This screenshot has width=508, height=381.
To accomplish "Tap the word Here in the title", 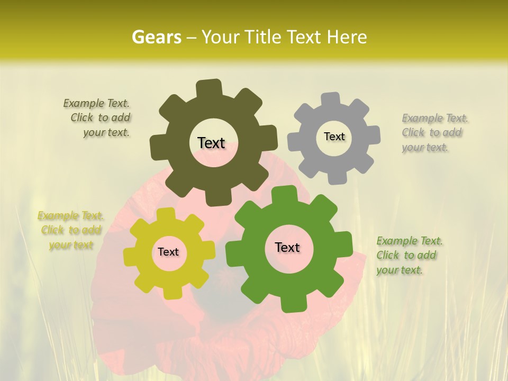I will click(348, 37).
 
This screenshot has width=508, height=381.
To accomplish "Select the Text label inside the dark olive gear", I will click(211, 143).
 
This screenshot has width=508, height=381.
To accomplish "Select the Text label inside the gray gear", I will click(334, 137).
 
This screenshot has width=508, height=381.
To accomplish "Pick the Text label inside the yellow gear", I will click(168, 252).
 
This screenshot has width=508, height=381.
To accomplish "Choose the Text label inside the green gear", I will click(287, 247).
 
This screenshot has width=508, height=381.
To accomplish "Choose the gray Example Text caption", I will click(434, 132).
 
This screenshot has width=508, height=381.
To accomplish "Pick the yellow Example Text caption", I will click(70, 230).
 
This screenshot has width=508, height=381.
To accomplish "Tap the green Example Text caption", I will click(409, 255).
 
